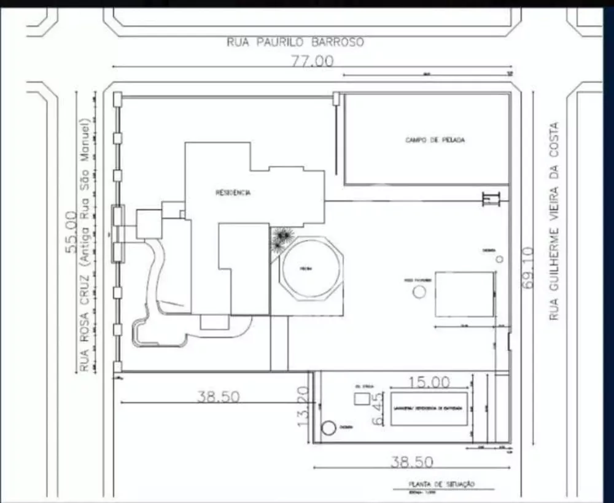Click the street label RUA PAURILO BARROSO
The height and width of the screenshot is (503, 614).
click(x=295, y=42)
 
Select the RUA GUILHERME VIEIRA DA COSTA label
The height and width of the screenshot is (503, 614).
click(x=554, y=221)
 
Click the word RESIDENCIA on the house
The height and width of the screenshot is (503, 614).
click(x=233, y=193)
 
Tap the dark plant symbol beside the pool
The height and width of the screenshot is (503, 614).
click(x=282, y=238)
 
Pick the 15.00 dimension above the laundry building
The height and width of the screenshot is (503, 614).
click(x=429, y=382)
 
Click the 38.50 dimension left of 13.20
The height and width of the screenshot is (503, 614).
click(x=218, y=397)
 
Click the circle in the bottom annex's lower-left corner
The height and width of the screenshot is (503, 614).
click(x=329, y=428)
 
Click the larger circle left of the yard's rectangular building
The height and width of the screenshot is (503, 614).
click(x=419, y=292)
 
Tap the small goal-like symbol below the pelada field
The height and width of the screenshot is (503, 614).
click(x=491, y=199)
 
